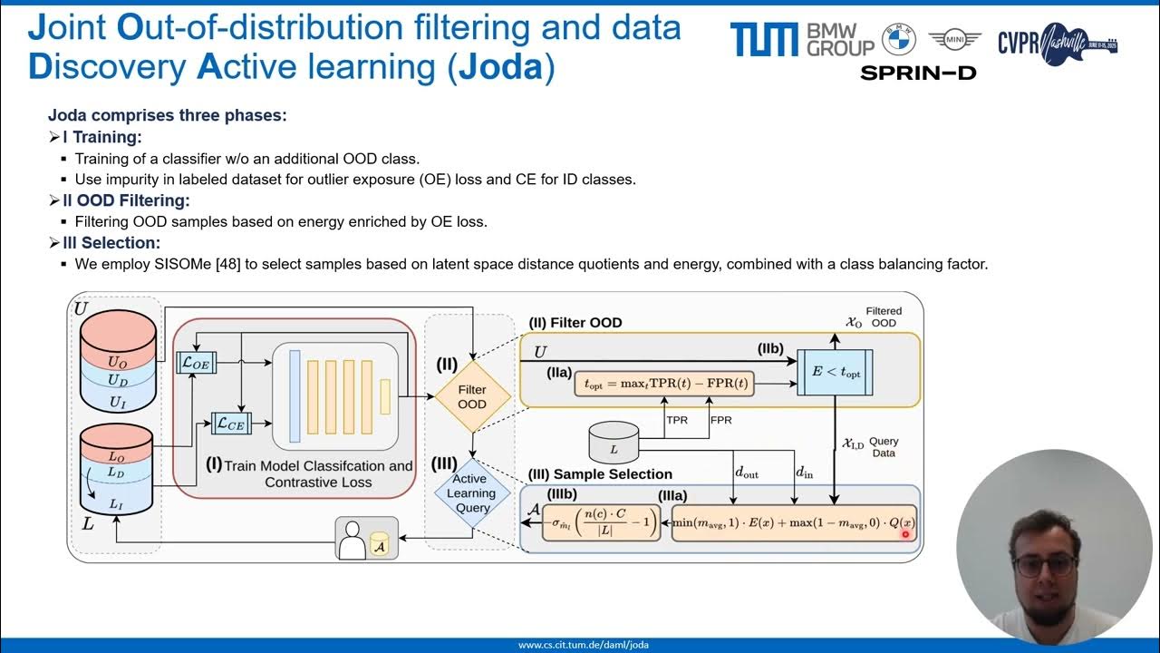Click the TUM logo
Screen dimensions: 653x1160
coord(764,40)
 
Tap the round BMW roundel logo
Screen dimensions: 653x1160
coord(899,39)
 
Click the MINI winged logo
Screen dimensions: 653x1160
coord(955,39)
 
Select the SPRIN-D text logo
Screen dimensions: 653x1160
coord(918,73)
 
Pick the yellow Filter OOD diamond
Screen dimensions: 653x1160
coord(472,396)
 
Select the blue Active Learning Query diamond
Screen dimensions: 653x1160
coord(471,493)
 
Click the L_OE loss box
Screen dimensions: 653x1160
coord(196,363)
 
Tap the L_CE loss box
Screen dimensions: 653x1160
coord(228,423)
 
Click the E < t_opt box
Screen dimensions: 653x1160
coord(835,372)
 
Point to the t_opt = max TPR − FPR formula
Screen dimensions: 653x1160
coord(664,384)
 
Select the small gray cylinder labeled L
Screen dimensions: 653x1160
coord(614,442)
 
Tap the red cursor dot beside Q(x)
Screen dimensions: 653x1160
coord(904,535)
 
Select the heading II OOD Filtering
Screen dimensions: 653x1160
coord(126,200)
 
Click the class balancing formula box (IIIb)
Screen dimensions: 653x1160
coord(601,523)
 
